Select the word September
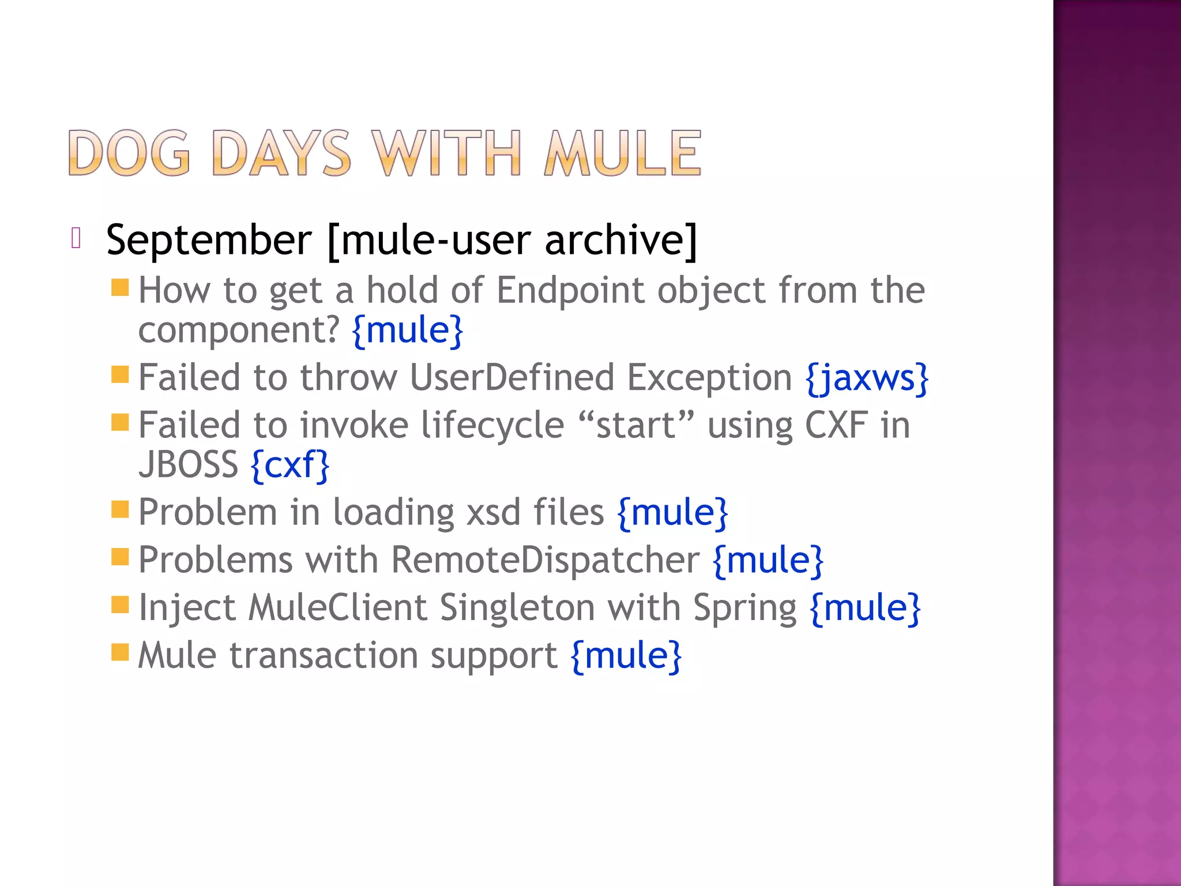point(209,240)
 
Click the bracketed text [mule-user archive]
point(512,240)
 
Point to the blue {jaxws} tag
point(867,378)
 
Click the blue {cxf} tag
point(291,465)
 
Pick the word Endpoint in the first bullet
point(570,290)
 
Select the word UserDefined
point(512,378)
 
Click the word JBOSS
point(188,465)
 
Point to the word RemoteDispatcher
point(546,560)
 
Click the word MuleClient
point(338,608)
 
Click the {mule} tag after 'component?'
point(408,330)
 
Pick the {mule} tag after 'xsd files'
point(672,512)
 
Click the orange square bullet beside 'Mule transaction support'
point(120,652)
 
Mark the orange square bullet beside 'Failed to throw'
point(120,374)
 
